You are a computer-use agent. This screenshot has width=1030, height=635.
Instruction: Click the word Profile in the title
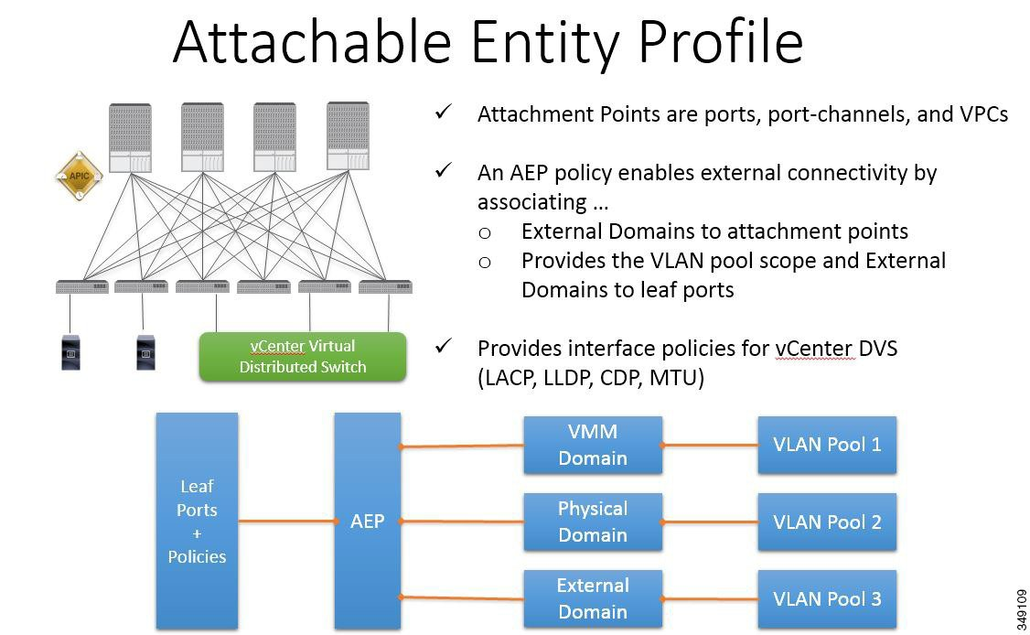click(x=703, y=43)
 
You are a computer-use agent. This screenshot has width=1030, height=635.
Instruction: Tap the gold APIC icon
click(x=79, y=175)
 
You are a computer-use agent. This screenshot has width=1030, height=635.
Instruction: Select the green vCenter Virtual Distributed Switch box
click(x=303, y=357)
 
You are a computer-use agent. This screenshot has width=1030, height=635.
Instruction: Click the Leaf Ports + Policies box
click(x=197, y=521)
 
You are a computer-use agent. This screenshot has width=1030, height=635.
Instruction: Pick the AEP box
click(x=367, y=521)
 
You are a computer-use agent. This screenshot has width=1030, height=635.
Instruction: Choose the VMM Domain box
click(x=592, y=446)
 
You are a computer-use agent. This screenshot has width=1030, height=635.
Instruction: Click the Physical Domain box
click(x=592, y=522)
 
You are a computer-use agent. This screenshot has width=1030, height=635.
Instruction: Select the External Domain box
click(x=592, y=598)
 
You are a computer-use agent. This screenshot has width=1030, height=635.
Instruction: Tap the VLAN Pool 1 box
click(x=827, y=445)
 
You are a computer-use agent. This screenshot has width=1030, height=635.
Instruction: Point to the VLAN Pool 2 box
click(x=827, y=522)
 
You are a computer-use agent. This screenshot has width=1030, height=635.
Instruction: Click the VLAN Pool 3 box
click(x=827, y=599)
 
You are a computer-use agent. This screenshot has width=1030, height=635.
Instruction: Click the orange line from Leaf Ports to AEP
click(x=285, y=522)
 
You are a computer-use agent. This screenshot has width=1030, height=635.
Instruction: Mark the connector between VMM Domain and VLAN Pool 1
click(x=710, y=446)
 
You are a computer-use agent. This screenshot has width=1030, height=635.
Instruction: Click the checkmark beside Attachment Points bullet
click(x=445, y=113)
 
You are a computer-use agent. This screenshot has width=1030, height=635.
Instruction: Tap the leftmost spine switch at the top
click(x=130, y=137)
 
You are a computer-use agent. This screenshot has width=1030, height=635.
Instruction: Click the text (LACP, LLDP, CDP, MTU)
click(x=591, y=378)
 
